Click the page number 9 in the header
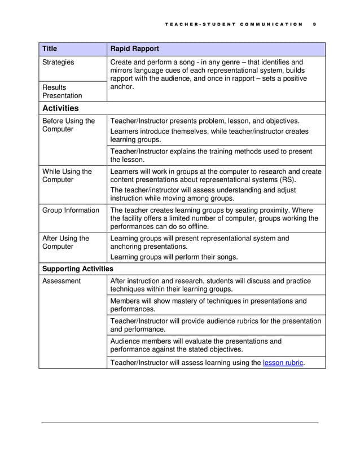pos(314,24)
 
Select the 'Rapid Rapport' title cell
pos(135,49)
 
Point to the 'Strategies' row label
pos(58,62)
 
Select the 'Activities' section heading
pos(60,108)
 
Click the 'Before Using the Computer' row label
pos(68,125)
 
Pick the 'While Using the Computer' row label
pos(67,175)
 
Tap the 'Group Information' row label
pos(71,210)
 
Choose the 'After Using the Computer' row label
pos(65,243)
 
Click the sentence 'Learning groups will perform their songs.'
pos(174,257)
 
